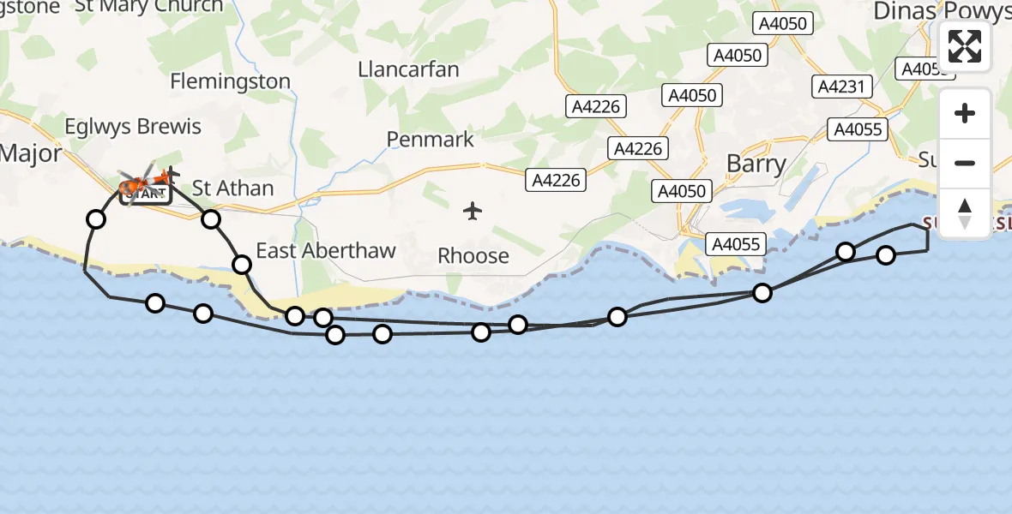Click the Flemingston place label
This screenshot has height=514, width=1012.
230,81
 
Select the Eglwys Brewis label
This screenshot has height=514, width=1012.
133,127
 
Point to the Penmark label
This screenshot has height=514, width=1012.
430,139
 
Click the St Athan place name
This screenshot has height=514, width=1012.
232,188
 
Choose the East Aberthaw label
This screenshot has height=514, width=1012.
326,251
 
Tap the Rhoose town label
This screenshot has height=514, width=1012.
473,255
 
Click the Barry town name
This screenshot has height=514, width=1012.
756,164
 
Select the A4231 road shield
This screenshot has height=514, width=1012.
844,87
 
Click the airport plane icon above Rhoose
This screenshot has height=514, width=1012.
473,211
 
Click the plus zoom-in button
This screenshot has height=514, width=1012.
965,113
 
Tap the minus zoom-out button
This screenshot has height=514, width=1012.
965,163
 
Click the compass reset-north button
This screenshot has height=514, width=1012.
965,212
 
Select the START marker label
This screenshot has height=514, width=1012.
146,194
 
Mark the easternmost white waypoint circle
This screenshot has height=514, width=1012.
886,254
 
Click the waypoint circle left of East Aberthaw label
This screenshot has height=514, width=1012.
243,264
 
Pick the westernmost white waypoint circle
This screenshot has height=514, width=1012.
96,219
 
